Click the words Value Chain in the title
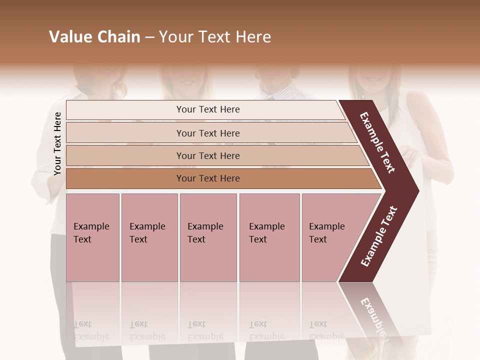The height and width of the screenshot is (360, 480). [x=94, y=37]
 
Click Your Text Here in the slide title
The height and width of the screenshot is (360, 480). [x=215, y=37]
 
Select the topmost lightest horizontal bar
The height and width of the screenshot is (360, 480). [x=207, y=109]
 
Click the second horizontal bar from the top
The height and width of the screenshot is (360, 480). [x=207, y=133]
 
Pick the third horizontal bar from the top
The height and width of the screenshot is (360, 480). [x=207, y=155]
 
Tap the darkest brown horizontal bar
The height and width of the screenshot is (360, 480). [x=207, y=178]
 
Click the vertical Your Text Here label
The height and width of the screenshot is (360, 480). [x=57, y=143]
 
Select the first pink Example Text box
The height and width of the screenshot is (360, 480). [x=92, y=237]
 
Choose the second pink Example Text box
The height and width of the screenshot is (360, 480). [x=149, y=237]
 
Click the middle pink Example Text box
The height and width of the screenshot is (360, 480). [x=208, y=237]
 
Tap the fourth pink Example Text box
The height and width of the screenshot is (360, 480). [x=269, y=237]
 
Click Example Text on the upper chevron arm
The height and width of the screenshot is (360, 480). [x=377, y=142]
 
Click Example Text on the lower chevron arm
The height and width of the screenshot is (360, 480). [x=379, y=236]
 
